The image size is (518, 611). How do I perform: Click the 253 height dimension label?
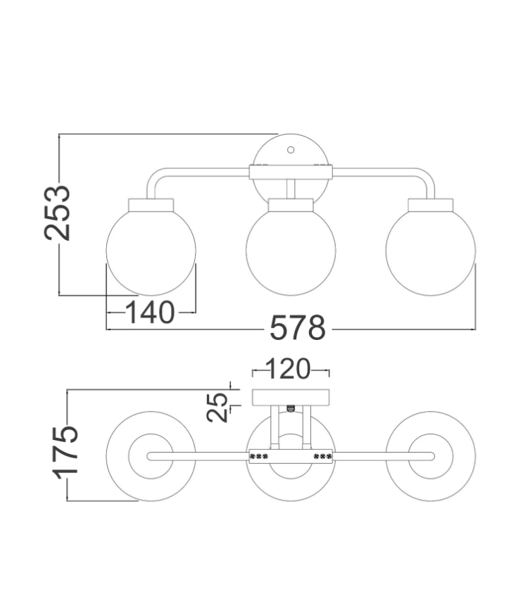58,213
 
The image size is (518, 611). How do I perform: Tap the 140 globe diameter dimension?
151,313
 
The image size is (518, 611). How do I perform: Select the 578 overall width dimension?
298,328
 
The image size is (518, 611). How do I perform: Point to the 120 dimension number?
289,369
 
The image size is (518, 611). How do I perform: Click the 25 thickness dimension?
217,407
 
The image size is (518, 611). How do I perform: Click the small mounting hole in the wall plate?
291,150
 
